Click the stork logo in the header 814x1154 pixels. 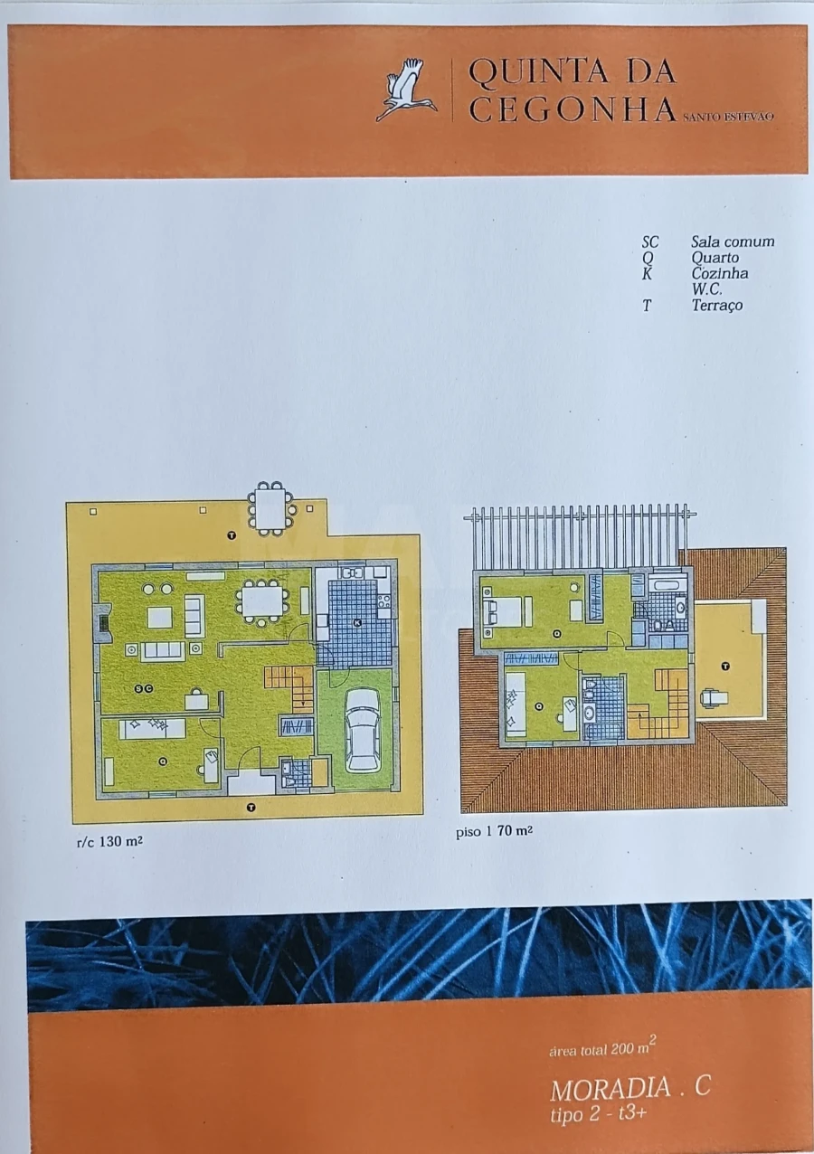pos(406,90)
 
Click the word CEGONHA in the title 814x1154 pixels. pos(573,109)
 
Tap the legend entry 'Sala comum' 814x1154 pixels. pos(733,241)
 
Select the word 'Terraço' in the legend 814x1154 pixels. pos(717,305)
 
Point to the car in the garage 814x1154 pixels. pos(363,730)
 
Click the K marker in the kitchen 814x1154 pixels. pos(357,623)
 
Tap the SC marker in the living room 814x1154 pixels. pos(144,689)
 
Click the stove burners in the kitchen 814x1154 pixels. pos(383,601)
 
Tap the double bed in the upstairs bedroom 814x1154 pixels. pos(508,612)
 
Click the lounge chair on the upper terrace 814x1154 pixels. pos(714,696)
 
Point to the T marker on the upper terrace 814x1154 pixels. pos(726,667)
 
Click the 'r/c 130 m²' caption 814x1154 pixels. pos(109,842)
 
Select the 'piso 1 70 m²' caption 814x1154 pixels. pos(494,831)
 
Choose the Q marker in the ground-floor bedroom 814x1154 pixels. pos(164,761)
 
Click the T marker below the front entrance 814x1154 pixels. pos(251,808)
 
